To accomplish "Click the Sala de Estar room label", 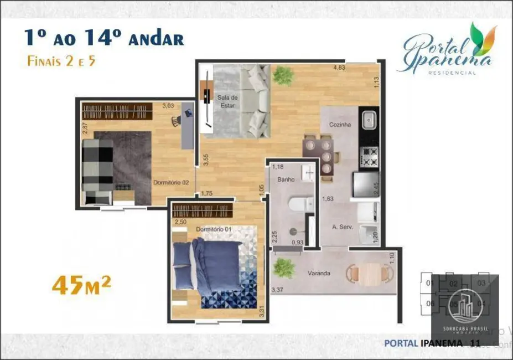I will (x=224, y=102).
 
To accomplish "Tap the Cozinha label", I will (x=340, y=125).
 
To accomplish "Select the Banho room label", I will (x=286, y=179).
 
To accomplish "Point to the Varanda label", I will (x=319, y=273).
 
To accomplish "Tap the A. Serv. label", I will (x=343, y=227).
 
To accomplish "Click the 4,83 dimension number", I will (x=339, y=68).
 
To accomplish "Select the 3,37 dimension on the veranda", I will (x=277, y=289).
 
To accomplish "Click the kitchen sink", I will (x=369, y=119).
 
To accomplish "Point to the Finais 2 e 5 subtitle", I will (x=61, y=61).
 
